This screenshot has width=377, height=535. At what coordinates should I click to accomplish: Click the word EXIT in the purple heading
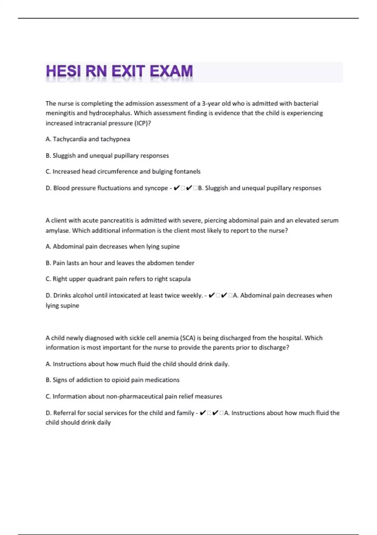tap(128, 71)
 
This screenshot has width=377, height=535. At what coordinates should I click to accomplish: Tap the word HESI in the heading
tap(62, 71)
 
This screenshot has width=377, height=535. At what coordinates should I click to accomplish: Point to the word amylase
tap(58, 231)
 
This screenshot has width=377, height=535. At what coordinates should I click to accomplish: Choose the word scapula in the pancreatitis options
tap(180, 279)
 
